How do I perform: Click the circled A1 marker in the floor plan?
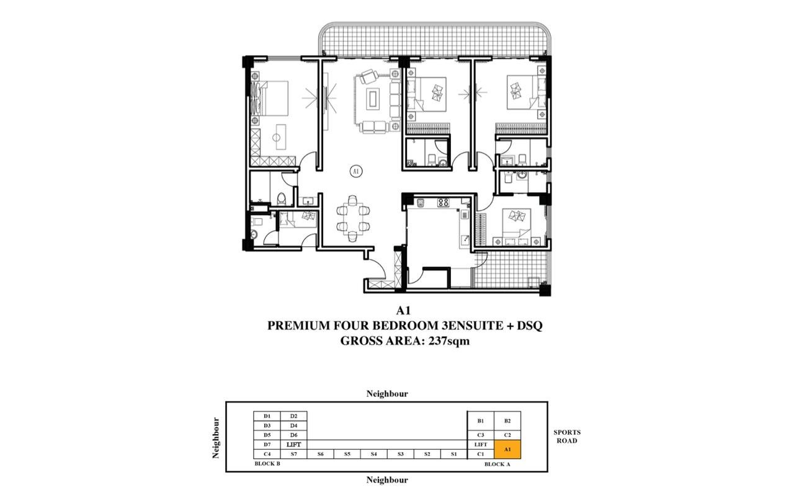click(x=356, y=172)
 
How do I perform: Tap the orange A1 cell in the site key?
click(x=507, y=449)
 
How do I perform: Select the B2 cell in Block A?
click(x=507, y=420)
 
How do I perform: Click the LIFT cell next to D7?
click(x=293, y=445)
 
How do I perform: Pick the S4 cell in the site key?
click(x=373, y=454)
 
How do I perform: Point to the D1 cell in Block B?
click(x=267, y=416)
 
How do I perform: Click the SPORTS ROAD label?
click(x=567, y=437)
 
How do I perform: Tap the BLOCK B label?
click(x=267, y=464)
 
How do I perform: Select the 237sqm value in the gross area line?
click(x=449, y=341)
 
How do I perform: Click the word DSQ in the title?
click(x=530, y=326)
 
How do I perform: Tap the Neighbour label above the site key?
click(x=387, y=393)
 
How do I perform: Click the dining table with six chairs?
click(x=353, y=219)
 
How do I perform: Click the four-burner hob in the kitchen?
click(x=443, y=202)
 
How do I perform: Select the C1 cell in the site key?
click(x=481, y=454)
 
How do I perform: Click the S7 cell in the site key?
click(x=293, y=454)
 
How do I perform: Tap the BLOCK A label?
click(x=497, y=464)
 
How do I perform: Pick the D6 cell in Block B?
click(x=293, y=435)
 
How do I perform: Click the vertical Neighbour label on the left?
click(x=216, y=438)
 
